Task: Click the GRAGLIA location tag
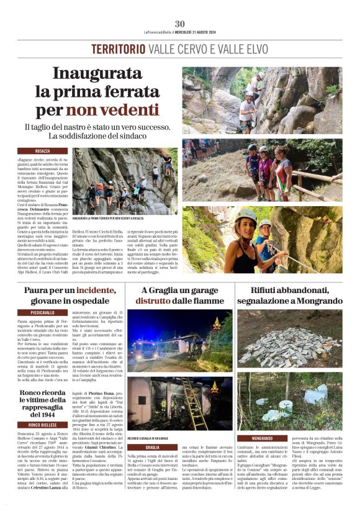[x=153, y=447]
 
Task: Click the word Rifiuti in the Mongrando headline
[x=269, y=290]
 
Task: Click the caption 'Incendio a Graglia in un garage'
[x=152, y=438]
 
